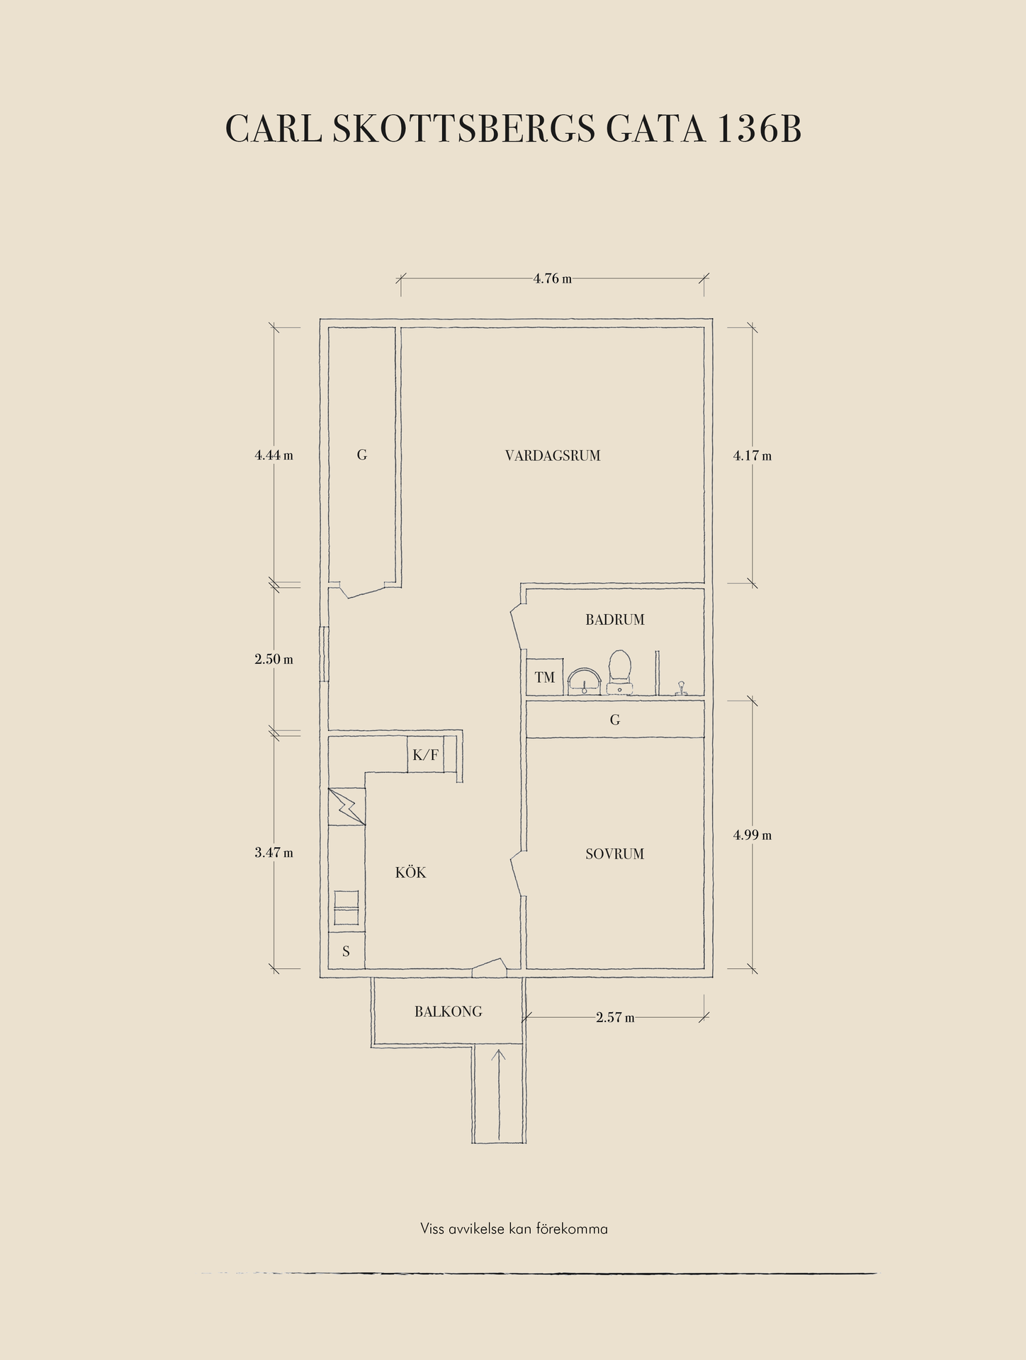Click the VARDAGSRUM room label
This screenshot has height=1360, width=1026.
pos(553,455)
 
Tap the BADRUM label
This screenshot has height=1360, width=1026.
pos(615,620)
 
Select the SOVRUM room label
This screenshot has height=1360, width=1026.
pos(615,854)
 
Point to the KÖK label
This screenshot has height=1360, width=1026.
pos(411,873)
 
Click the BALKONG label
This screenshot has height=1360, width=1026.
pos(449,1011)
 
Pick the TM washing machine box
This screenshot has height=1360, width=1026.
pos(545,677)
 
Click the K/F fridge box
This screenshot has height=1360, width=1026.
pos(425,755)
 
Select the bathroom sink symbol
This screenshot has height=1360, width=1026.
pos(585,681)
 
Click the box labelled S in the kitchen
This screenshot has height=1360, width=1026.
pos(346,951)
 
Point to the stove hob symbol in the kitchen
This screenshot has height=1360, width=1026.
pos(346,907)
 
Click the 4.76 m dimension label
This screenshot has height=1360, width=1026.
pos(553,278)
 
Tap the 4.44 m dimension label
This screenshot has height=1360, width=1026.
pos(274,455)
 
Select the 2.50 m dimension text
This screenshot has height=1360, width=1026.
pos(274,659)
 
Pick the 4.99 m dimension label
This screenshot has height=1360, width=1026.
pos(752,835)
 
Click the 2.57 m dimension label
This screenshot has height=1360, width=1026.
pos(615,1018)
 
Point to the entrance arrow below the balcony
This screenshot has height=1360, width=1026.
pos(500,1095)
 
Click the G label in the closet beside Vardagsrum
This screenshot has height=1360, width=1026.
pos(362,455)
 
